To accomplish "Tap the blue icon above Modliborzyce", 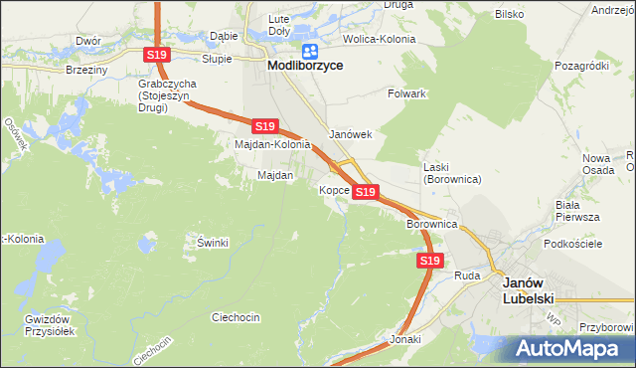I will [x=310, y=50].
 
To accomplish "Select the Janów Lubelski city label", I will [x=530, y=289].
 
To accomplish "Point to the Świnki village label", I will [x=213, y=243].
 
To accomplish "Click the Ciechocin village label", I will [x=236, y=317].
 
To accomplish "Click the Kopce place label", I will [x=333, y=189].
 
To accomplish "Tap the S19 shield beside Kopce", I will [x=365, y=191].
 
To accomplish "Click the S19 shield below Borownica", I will [x=428, y=261].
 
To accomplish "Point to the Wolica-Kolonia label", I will [x=379, y=40].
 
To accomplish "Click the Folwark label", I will [x=406, y=93].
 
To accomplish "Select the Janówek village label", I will [x=350, y=134].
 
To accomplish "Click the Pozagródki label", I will [x=582, y=66].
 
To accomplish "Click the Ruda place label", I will [x=467, y=275].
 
